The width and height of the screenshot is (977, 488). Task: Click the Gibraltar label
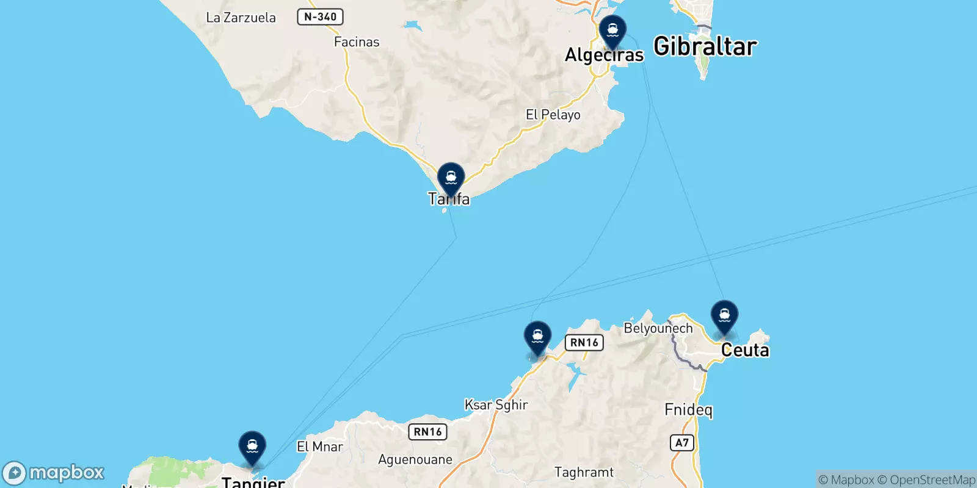click(705, 46)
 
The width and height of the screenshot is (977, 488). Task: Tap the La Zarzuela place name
click(241, 18)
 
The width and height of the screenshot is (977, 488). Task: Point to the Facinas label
click(357, 42)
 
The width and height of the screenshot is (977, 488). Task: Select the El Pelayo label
click(553, 115)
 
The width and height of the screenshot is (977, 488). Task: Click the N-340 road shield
click(320, 17)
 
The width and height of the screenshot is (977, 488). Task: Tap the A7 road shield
click(682, 443)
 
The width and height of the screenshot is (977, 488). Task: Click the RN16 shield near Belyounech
click(584, 343)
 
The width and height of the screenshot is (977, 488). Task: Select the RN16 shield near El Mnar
click(427, 432)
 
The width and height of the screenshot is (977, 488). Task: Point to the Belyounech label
click(658, 328)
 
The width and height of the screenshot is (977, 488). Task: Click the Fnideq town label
click(688, 410)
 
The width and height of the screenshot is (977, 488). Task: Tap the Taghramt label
click(584, 472)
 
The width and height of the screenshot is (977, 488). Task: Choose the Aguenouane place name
click(415, 459)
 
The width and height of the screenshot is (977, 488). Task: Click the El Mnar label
click(319, 447)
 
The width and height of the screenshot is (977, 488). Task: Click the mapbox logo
click(54, 473)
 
